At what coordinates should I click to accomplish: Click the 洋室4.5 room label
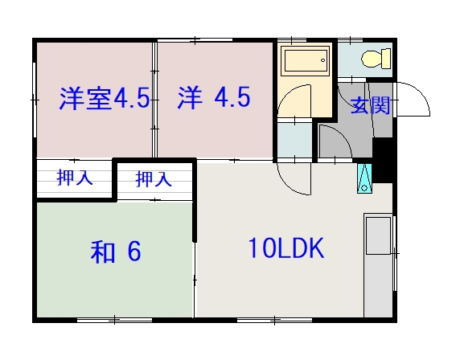click(104, 100)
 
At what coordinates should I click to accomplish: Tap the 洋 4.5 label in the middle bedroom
click(213, 99)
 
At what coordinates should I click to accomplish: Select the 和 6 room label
click(116, 252)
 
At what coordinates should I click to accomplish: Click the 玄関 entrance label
click(371, 105)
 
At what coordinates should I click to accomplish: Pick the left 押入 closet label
click(74, 178)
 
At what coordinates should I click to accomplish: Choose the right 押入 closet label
click(153, 179)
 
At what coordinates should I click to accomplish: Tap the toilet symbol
click(376, 59)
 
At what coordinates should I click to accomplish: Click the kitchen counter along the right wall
click(377, 265)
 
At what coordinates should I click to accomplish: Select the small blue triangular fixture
click(364, 178)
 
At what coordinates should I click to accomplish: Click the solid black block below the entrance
click(384, 162)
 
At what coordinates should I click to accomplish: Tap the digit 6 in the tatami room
click(133, 252)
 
